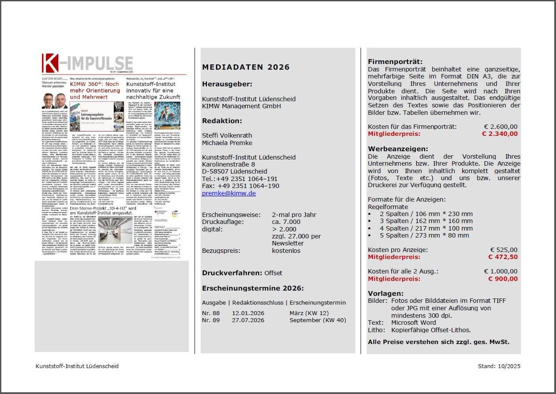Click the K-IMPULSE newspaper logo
(87, 63)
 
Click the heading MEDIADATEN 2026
(246, 67)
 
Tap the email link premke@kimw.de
(229, 193)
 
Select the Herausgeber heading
(227, 84)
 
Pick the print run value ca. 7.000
(286, 222)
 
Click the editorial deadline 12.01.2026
(248, 313)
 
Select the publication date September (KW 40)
(318, 320)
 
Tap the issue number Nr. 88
(211, 313)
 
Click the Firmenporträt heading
(395, 62)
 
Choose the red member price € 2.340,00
(499, 134)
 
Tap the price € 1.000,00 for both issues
(500, 271)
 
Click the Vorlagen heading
(386, 293)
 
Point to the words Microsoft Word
(414, 323)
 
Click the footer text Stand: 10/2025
(499, 366)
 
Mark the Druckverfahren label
(232, 273)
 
